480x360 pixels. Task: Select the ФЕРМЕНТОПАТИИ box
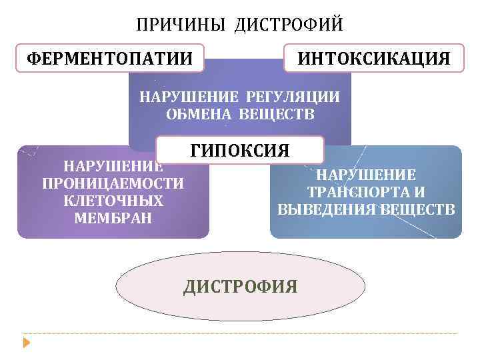110,59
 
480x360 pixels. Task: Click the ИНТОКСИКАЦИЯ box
373,59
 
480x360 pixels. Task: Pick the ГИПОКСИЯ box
240,150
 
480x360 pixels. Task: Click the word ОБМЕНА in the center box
196,114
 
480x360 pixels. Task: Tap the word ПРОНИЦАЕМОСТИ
113,183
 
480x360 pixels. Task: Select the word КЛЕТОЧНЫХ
113,201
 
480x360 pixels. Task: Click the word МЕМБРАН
113,218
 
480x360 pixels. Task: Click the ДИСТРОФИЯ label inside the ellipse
240,287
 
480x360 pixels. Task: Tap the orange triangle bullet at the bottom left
27,343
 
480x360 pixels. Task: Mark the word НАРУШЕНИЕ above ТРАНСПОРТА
366,175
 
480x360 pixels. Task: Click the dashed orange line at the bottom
240,333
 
